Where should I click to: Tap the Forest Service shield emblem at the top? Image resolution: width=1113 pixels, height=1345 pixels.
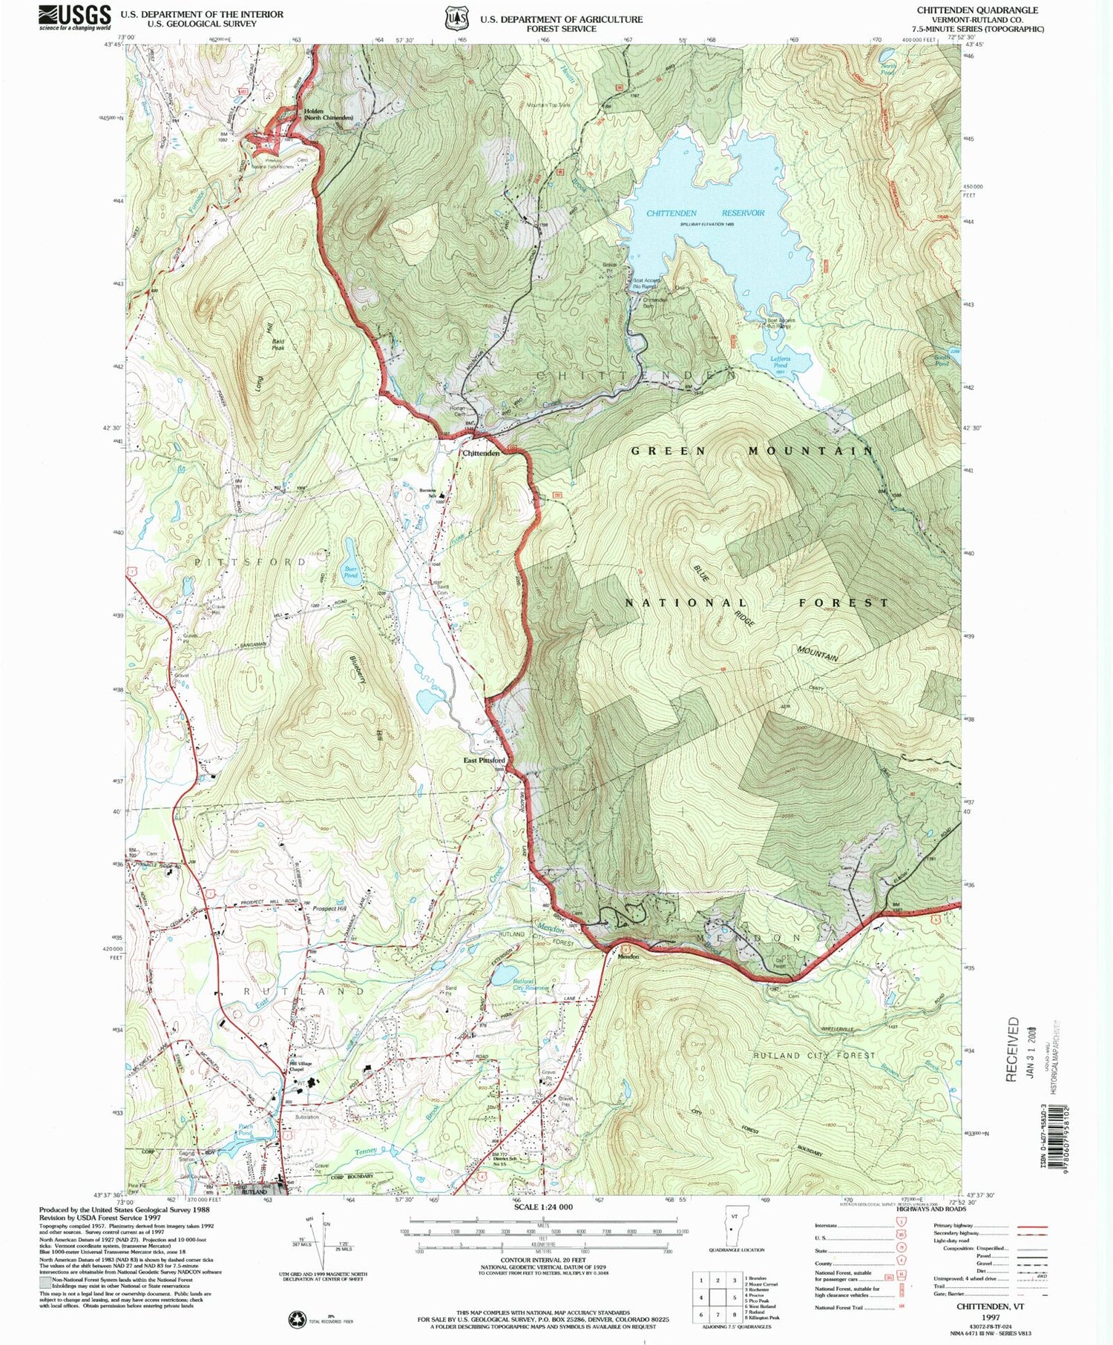(x=454, y=18)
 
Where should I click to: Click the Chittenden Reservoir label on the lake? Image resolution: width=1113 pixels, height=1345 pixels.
(x=705, y=214)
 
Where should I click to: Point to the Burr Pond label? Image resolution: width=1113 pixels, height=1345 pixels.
(x=351, y=572)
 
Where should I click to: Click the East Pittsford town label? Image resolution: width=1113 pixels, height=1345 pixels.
(x=485, y=761)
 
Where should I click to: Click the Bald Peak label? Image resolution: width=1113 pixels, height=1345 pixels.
(x=278, y=345)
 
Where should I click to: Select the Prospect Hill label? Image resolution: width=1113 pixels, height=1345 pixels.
(x=329, y=909)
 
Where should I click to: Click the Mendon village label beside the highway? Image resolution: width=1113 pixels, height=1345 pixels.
(x=628, y=956)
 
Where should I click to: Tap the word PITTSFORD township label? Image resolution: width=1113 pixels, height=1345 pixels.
(x=251, y=562)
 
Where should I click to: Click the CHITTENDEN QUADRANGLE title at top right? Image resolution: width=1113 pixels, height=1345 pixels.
(x=977, y=10)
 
